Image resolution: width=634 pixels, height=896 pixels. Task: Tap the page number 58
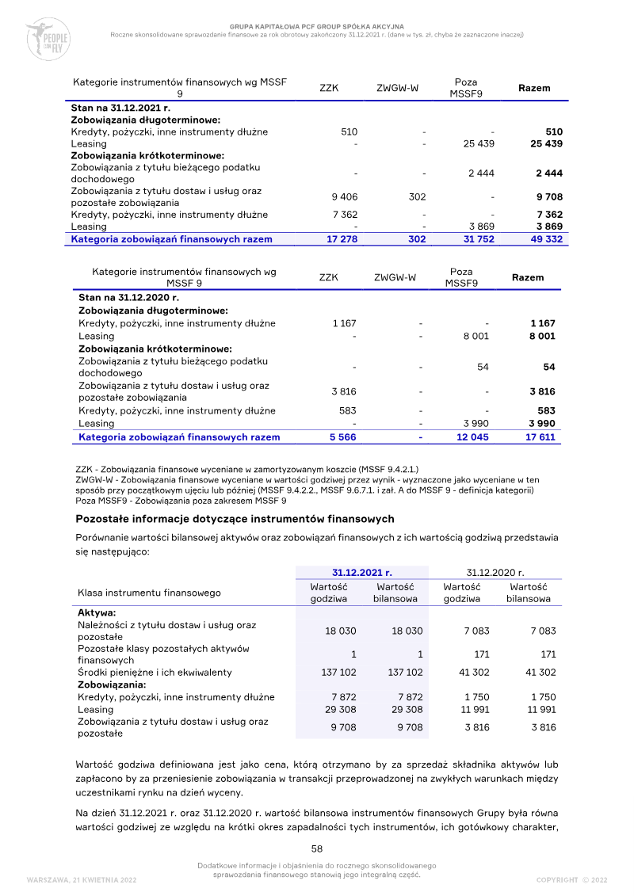316,848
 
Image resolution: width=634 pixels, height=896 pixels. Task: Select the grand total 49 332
546,238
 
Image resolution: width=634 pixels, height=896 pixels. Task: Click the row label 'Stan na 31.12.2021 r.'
120,107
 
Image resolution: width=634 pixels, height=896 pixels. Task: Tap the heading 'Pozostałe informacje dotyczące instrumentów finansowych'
235,519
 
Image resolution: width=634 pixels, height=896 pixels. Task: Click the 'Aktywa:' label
97,612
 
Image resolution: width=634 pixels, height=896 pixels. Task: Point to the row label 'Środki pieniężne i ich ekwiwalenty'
155,672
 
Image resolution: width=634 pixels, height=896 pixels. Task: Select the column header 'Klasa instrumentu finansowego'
149,593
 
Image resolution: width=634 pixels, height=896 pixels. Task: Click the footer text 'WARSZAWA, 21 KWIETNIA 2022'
82,879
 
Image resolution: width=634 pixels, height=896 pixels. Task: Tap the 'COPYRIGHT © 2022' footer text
571,879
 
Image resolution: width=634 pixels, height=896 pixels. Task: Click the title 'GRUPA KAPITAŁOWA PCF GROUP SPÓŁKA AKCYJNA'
317,26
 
